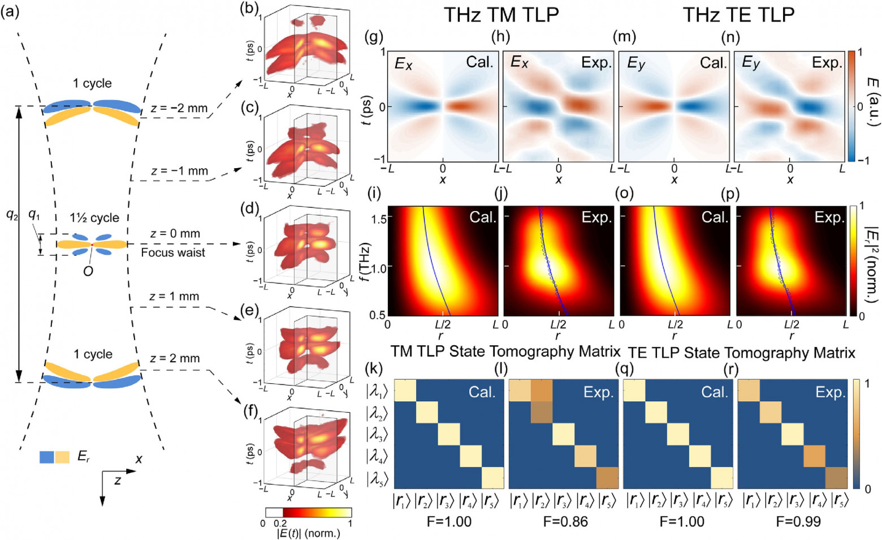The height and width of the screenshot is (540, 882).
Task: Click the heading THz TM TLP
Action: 501,15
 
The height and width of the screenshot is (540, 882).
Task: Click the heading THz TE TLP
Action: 738,15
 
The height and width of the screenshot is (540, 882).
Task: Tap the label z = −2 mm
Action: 179,108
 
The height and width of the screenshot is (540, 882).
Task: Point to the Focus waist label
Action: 173,252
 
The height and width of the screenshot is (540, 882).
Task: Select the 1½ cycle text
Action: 94,218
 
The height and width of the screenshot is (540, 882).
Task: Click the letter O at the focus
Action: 88,271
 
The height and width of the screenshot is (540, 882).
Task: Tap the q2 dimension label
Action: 12,215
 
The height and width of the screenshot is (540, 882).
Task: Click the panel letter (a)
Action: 10,11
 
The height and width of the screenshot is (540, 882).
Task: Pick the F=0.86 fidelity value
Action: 565,521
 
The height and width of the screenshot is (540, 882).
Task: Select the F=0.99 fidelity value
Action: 798,521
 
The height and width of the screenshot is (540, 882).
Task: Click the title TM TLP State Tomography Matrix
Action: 505,352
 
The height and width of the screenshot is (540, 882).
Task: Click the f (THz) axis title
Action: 366,261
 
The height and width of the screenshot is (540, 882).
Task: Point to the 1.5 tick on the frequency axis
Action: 378,218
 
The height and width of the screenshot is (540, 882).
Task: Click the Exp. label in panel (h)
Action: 596,63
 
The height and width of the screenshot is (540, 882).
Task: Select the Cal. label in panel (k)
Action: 482,392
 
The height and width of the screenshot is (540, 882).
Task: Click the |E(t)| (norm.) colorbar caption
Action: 308,533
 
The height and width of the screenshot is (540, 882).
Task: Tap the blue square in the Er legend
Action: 46,457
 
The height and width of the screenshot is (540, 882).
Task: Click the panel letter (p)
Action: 731,194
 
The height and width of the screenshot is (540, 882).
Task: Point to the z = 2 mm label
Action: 175,358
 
